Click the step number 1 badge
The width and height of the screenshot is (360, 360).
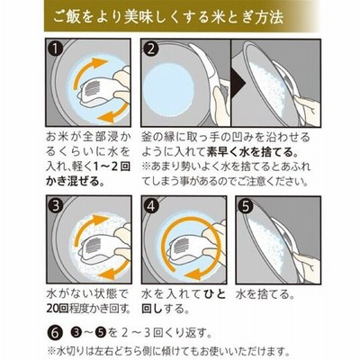(x=55, y=49)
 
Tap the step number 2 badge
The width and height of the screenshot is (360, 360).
(x=150, y=49)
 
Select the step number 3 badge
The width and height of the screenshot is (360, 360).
(x=56, y=206)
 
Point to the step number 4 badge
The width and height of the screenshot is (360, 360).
(x=151, y=206)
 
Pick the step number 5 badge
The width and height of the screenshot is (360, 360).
(x=246, y=206)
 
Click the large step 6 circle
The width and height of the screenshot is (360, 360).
(x=54, y=333)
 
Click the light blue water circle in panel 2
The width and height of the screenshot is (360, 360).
(x=169, y=88)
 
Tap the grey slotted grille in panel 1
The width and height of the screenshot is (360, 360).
(x=93, y=88)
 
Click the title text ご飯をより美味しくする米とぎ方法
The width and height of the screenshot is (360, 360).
(x=168, y=17)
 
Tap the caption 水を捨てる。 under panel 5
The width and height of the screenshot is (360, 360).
(x=265, y=294)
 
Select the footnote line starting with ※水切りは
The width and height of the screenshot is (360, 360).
(x=166, y=351)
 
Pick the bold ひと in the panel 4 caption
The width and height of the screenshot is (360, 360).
(x=214, y=294)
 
